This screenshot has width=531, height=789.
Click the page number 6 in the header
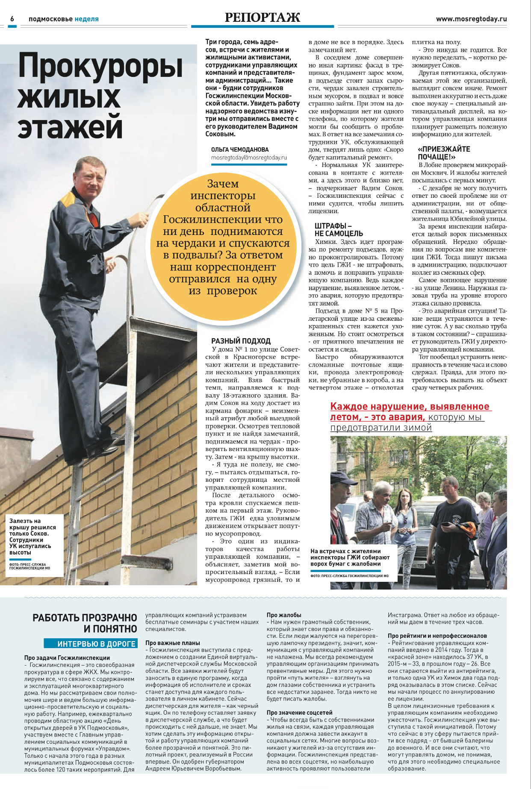click(12, 19)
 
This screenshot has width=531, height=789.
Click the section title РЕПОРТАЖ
click(262, 18)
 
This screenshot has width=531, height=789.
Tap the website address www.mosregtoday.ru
click(471, 19)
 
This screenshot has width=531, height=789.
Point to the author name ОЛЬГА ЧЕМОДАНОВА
click(240, 150)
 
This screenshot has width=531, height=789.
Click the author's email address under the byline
click(249, 158)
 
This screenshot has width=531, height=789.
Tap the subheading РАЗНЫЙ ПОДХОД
click(241, 341)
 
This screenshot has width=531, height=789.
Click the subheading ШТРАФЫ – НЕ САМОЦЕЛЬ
click(339, 229)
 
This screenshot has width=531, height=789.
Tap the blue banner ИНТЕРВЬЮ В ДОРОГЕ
click(91, 644)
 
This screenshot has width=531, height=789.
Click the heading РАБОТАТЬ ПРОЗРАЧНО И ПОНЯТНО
click(85, 623)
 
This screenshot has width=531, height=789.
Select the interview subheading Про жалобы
click(284, 615)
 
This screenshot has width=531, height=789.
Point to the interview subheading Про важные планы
click(173, 643)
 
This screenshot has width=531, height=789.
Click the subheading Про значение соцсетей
click(299, 713)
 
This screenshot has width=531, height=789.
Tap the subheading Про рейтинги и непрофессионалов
click(437, 636)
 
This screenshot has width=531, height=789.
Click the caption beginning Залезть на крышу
click(32, 537)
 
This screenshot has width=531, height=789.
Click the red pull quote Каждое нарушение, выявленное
click(410, 407)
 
